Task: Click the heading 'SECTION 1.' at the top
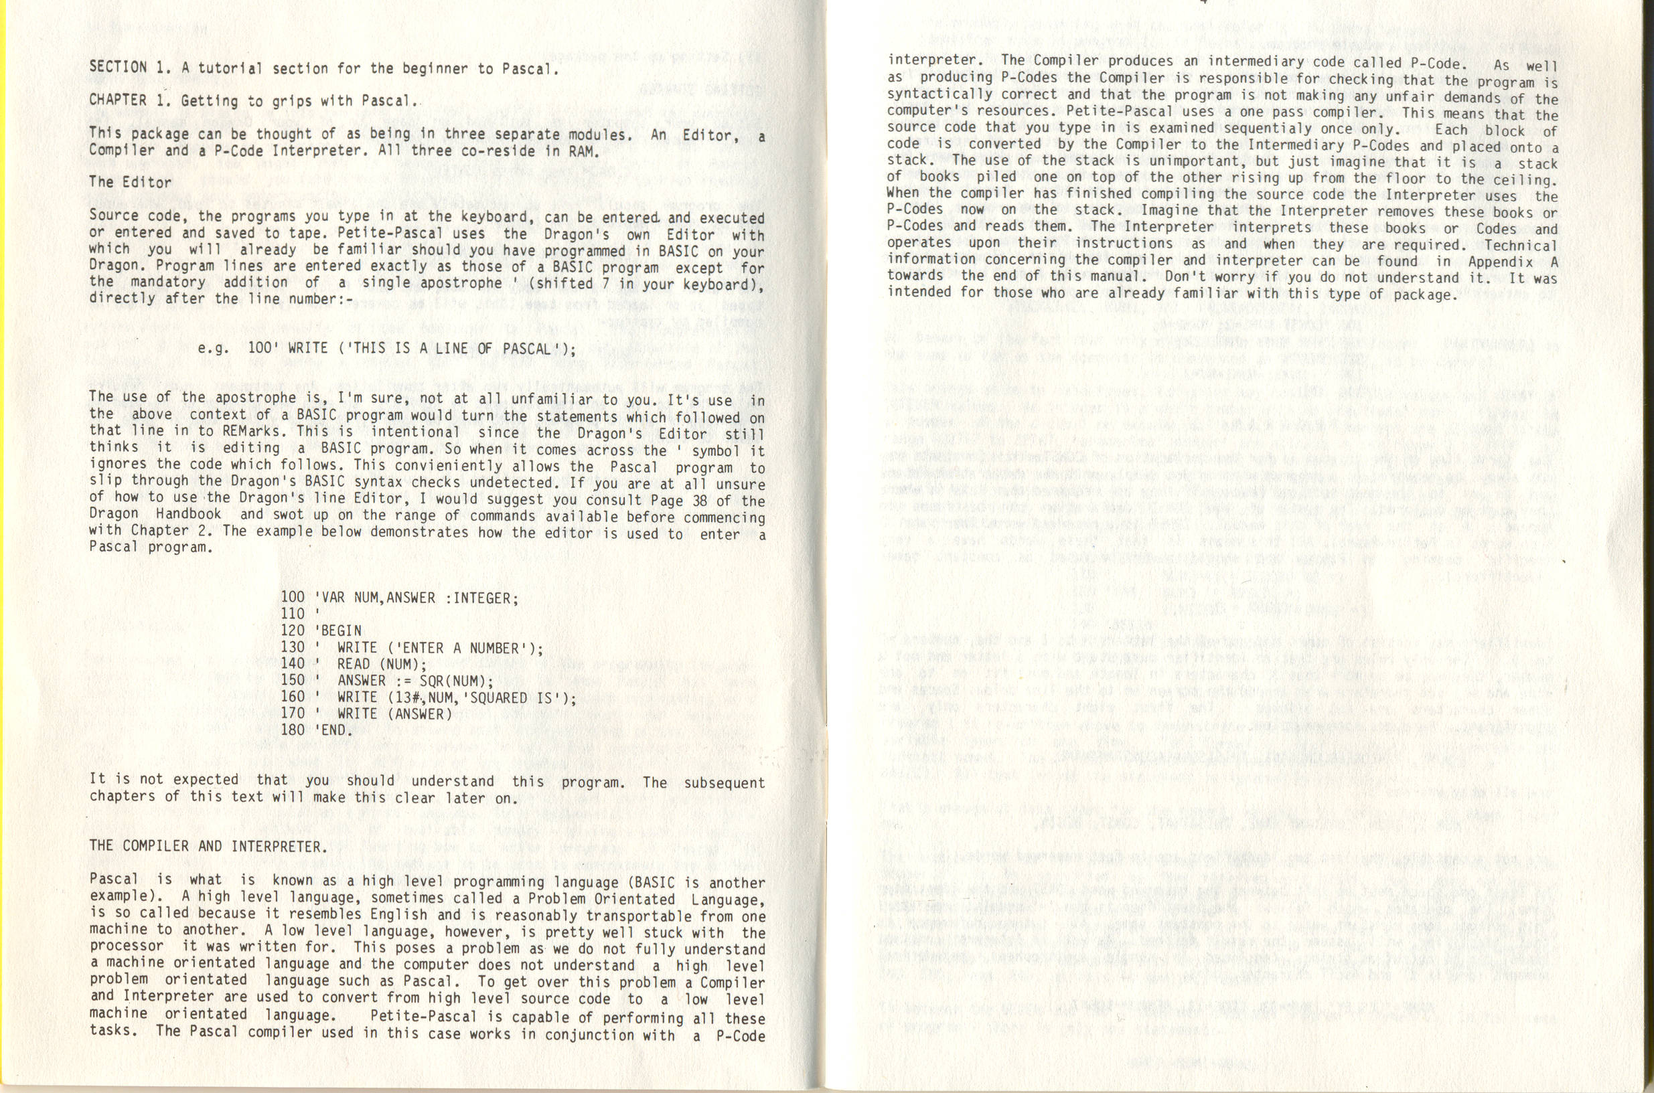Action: tap(130, 68)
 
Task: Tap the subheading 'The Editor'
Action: tap(130, 182)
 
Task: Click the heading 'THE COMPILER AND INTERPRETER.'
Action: tap(208, 846)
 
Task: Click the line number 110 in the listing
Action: tap(293, 613)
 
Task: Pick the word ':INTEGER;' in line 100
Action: tap(481, 598)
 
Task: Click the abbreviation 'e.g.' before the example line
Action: tap(214, 347)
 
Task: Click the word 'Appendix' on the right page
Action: tap(1500, 262)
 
